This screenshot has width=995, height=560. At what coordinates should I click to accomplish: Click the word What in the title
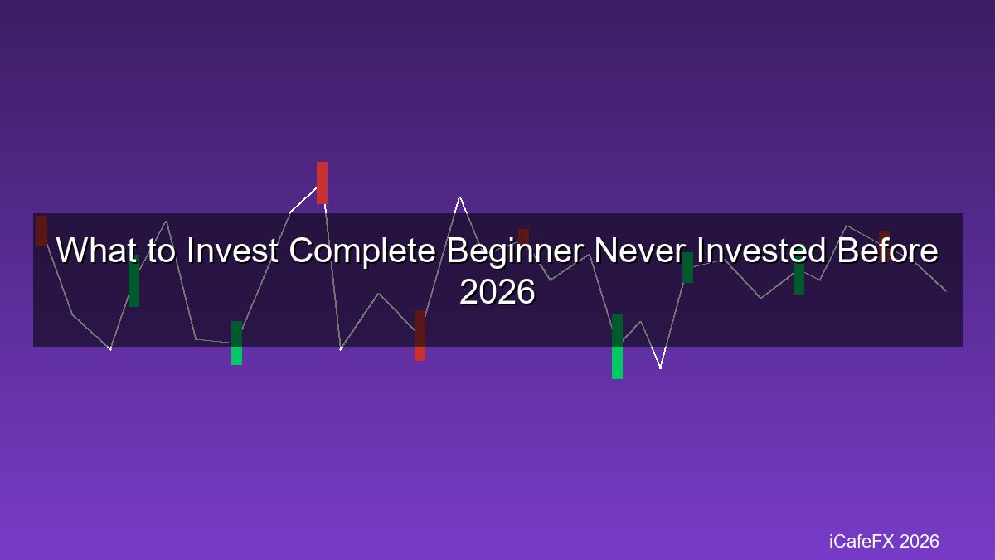96,251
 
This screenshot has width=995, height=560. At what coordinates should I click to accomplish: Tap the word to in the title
161,251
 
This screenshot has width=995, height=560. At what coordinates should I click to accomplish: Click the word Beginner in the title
514,252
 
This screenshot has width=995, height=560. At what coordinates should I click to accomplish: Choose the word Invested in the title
761,251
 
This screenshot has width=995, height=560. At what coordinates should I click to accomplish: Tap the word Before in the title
887,251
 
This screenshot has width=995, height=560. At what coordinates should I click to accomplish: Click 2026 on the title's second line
498,292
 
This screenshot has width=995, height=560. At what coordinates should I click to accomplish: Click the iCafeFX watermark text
862,541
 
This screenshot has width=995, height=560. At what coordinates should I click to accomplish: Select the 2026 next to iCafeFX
920,541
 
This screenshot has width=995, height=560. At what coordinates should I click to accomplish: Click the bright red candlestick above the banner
322,183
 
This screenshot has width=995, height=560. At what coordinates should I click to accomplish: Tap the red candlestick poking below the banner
420,335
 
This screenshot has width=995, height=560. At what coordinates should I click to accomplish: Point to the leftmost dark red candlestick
41,231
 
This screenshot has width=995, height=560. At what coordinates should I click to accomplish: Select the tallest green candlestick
617,346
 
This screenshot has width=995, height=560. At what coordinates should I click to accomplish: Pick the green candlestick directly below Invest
237,343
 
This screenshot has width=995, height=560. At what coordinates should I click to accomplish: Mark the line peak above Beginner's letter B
459,197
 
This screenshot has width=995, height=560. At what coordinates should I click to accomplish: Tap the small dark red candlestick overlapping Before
884,246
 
